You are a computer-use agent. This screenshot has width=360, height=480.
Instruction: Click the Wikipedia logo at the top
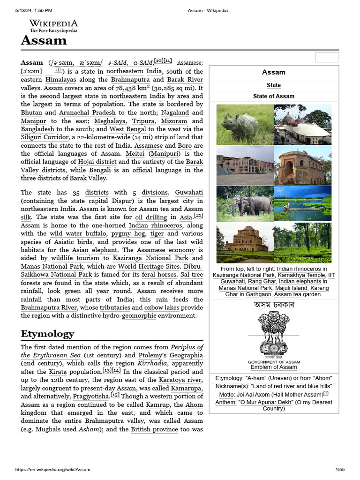coord(53,26)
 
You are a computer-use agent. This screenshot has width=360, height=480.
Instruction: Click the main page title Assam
coord(44,41)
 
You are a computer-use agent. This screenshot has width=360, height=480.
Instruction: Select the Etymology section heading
coord(47,334)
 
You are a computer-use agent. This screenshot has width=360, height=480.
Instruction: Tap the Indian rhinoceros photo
coord(244,125)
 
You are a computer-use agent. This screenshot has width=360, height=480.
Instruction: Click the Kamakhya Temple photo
coord(302,125)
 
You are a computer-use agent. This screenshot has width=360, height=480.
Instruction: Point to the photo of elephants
coord(244,204)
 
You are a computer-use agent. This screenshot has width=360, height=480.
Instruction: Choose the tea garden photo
coord(302,243)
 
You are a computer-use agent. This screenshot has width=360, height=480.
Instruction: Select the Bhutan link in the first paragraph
coord(31,112)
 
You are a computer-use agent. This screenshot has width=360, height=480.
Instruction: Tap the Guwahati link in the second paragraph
coord(189,192)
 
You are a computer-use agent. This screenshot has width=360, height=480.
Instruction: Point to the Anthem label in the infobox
coord(225,402)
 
